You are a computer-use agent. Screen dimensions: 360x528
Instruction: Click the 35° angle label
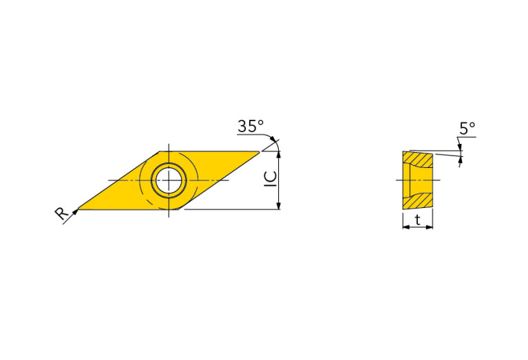click(x=251, y=127)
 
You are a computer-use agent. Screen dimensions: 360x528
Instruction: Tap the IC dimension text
click(x=271, y=178)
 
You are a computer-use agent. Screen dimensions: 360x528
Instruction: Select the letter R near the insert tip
click(x=61, y=215)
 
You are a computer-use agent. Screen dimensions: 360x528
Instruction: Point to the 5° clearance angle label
click(x=467, y=128)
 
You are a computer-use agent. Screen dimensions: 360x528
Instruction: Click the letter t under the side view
click(x=418, y=220)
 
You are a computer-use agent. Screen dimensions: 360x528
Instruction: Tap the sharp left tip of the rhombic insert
click(x=78, y=209)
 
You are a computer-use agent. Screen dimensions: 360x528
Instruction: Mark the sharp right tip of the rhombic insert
click(x=259, y=151)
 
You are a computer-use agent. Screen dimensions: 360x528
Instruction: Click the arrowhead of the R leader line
click(x=76, y=211)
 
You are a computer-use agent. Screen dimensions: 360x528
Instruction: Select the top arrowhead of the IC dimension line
click(x=278, y=154)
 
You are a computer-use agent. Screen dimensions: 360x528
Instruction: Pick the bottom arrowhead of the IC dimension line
click(x=278, y=206)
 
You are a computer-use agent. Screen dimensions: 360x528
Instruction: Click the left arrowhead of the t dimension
click(x=405, y=226)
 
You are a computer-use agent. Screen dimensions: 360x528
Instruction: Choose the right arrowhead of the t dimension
click(x=430, y=226)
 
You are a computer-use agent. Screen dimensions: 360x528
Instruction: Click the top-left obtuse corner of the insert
click(x=160, y=151)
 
